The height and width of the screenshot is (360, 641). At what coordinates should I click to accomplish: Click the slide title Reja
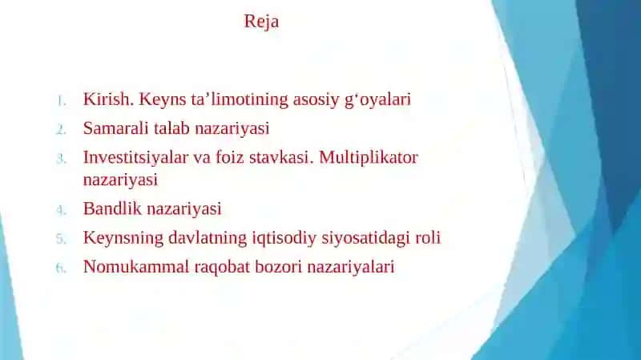point(262,22)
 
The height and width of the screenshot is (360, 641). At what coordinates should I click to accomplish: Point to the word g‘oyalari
point(377,99)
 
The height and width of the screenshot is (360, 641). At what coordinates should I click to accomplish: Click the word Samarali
point(115,128)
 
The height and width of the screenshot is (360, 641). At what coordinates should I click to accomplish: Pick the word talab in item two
point(171,128)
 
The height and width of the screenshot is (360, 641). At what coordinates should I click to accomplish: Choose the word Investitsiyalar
point(135,158)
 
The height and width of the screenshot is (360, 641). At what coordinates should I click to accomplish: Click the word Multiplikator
point(369,158)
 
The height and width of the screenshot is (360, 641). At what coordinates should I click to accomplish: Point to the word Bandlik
point(112,208)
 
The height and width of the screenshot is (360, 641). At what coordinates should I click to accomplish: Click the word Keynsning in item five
point(123,238)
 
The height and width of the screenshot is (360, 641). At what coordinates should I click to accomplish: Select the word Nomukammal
point(136,267)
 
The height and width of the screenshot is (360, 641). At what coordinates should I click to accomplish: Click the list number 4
point(61,210)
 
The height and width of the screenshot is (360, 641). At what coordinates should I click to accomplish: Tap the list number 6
point(61,269)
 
